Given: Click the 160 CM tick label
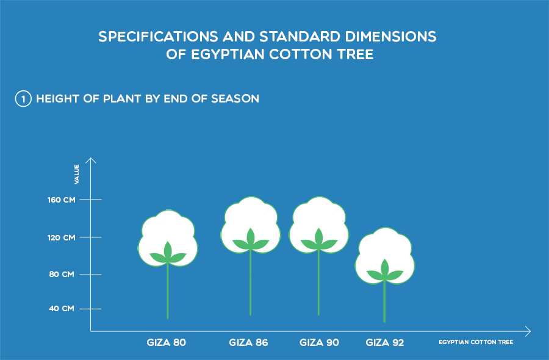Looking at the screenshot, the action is (x=61, y=200).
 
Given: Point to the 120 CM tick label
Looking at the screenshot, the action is (x=61, y=237).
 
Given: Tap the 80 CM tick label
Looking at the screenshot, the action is (x=62, y=274).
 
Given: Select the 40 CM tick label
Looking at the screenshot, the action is (x=62, y=309).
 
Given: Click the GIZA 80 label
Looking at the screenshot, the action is (x=167, y=342).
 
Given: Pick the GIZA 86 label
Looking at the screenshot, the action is (x=249, y=342).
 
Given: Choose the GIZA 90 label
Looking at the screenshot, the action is (x=319, y=342).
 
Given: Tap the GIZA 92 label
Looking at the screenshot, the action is (x=385, y=342).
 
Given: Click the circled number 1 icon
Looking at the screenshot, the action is (x=23, y=99).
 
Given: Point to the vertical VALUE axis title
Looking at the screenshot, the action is (x=77, y=174).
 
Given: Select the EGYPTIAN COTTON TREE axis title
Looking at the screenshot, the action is (x=476, y=342).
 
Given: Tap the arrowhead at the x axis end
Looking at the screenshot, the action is (x=528, y=331).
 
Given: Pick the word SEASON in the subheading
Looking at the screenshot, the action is (x=235, y=99).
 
